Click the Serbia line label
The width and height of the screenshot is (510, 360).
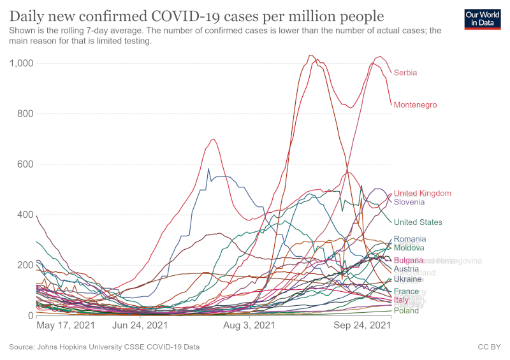coord(405,73)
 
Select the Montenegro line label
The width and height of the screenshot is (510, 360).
coord(415,104)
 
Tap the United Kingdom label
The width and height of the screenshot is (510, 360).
coord(422,193)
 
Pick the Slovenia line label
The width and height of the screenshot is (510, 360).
coord(409,202)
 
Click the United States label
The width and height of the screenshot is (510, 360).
coord(418,222)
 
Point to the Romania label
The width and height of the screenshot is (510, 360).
coord(410,239)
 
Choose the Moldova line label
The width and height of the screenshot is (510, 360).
coord(409,248)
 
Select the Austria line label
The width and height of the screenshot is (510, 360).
coord(406,269)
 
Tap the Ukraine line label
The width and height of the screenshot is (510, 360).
coord(407,279)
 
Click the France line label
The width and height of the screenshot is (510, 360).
coord(406,291)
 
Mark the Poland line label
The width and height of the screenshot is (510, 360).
coord(406,310)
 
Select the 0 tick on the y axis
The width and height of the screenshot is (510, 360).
coord(30,315)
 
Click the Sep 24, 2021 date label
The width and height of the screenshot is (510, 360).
coord(362,326)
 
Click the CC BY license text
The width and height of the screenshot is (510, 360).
coord(488,347)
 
